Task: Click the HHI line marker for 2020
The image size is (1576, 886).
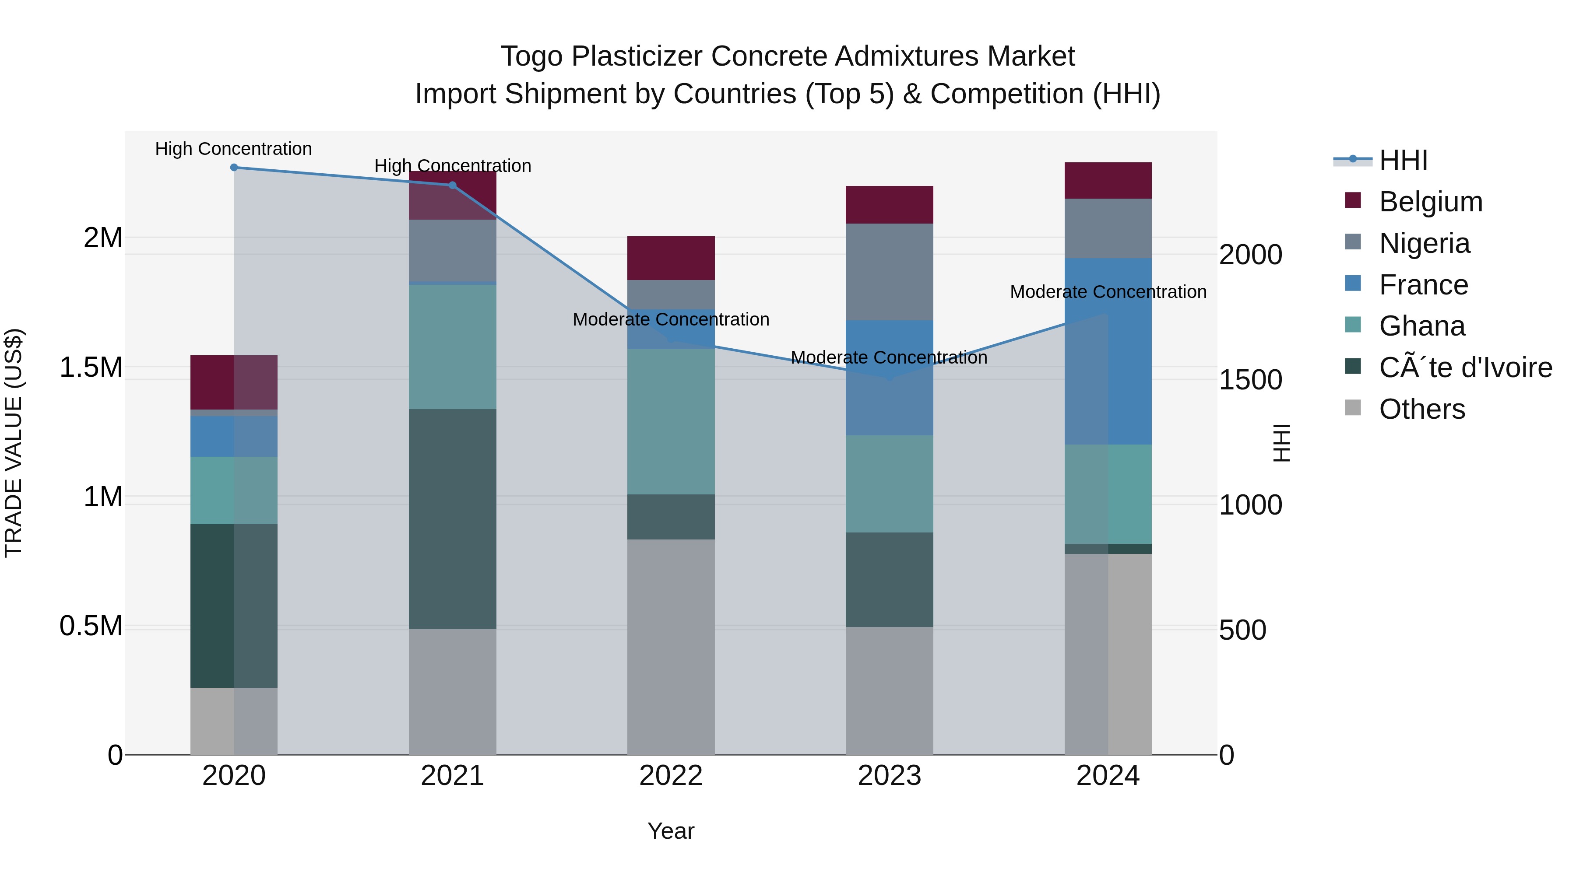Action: [234, 168]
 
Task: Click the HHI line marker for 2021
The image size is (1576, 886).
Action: [453, 185]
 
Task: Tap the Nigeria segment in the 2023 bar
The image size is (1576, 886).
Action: [890, 271]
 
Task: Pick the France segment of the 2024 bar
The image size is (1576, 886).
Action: [1108, 351]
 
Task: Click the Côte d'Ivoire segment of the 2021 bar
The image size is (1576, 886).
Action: [453, 518]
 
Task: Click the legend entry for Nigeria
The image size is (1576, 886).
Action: [1424, 243]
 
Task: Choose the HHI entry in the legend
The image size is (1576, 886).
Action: [1403, 160]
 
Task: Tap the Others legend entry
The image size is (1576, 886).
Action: [1422, 409]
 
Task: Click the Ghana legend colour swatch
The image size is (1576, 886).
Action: [1353, 325]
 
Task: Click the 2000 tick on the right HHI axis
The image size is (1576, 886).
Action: [1250, 255]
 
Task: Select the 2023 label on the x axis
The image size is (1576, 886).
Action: [890, 776]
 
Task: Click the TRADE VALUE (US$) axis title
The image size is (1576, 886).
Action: [14, 443]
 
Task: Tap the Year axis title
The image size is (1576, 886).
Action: [671, 831]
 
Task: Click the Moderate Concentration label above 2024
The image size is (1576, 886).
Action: [1108, 292]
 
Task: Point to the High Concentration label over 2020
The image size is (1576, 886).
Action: [234, 149]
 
